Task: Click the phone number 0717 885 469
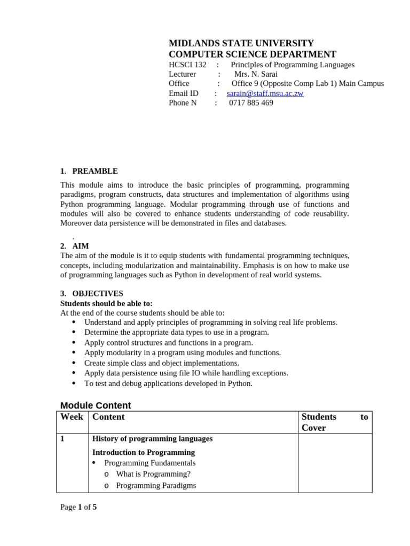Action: click(x=251, y=103)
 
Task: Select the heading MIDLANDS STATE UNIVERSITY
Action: click(x=241, y=43)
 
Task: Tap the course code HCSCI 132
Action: click(x=187, y=65)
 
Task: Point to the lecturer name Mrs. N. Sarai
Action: click(x=256, y=74)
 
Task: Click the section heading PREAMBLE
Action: click(x=94, y=171)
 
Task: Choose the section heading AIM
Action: click(x=81, y=246)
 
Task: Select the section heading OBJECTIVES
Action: click(x=97, y=293)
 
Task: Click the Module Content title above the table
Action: click(x=96, y=405)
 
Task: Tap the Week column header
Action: click(x=72, y=417)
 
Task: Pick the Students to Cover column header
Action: click(x=334, y=422)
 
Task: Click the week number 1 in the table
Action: click(x=62, y=439)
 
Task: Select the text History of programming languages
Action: click(x=152, y=439)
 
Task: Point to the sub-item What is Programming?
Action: click(x=153, y=474)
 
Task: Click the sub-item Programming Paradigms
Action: click(x=156, y=485)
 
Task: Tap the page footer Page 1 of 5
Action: click(x=78, y=507)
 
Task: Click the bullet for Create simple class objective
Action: click(x=73, y=363)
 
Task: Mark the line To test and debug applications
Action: click(x=168, y=383)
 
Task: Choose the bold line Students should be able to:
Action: click(x=106, y=303)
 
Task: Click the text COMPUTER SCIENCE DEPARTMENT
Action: click(x=253, y=54)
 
